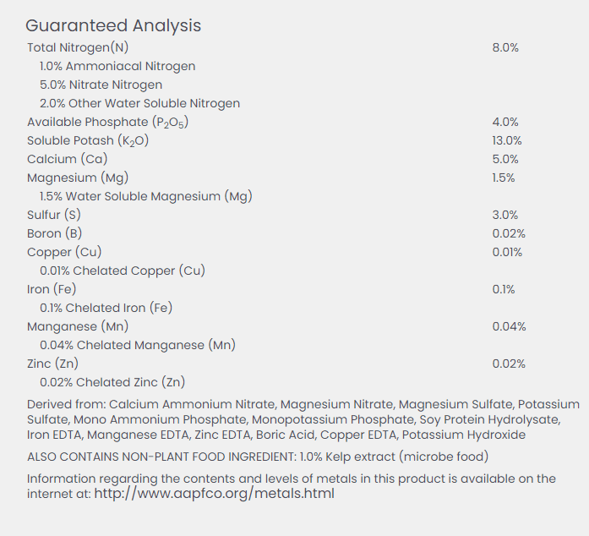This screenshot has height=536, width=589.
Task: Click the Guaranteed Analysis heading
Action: coord(113,26)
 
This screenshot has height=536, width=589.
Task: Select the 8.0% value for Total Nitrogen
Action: coord(505,47)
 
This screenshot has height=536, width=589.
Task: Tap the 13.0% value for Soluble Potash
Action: coord(507,140)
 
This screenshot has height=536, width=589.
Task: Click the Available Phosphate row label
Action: coord(107,122)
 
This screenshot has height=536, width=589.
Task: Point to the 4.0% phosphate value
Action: coord(505,122)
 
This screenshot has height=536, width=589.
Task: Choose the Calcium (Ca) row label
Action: coord(68,159)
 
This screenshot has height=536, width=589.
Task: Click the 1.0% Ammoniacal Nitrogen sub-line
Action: coord(117,67)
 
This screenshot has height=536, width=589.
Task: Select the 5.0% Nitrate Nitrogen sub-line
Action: coord(101,85)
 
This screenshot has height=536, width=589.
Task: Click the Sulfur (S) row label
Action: coord(54,215)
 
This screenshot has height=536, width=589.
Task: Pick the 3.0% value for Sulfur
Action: coord(505,215)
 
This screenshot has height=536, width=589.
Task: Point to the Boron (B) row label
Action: coord(54,233)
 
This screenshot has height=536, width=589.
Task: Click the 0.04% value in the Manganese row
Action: coord(509,326)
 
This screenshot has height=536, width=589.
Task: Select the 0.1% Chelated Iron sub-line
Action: coord(106,308)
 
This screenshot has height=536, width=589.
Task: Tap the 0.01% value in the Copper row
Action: coord(507,252)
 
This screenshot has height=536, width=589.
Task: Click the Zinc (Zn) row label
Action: coord(52,364)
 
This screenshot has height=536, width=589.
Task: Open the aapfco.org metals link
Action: coord(214,494)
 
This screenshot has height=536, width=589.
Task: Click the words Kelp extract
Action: coord(360,457)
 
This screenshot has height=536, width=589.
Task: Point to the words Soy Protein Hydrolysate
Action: coord(490,420)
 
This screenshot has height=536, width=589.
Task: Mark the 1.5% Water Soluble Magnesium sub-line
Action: coord(146,197)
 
